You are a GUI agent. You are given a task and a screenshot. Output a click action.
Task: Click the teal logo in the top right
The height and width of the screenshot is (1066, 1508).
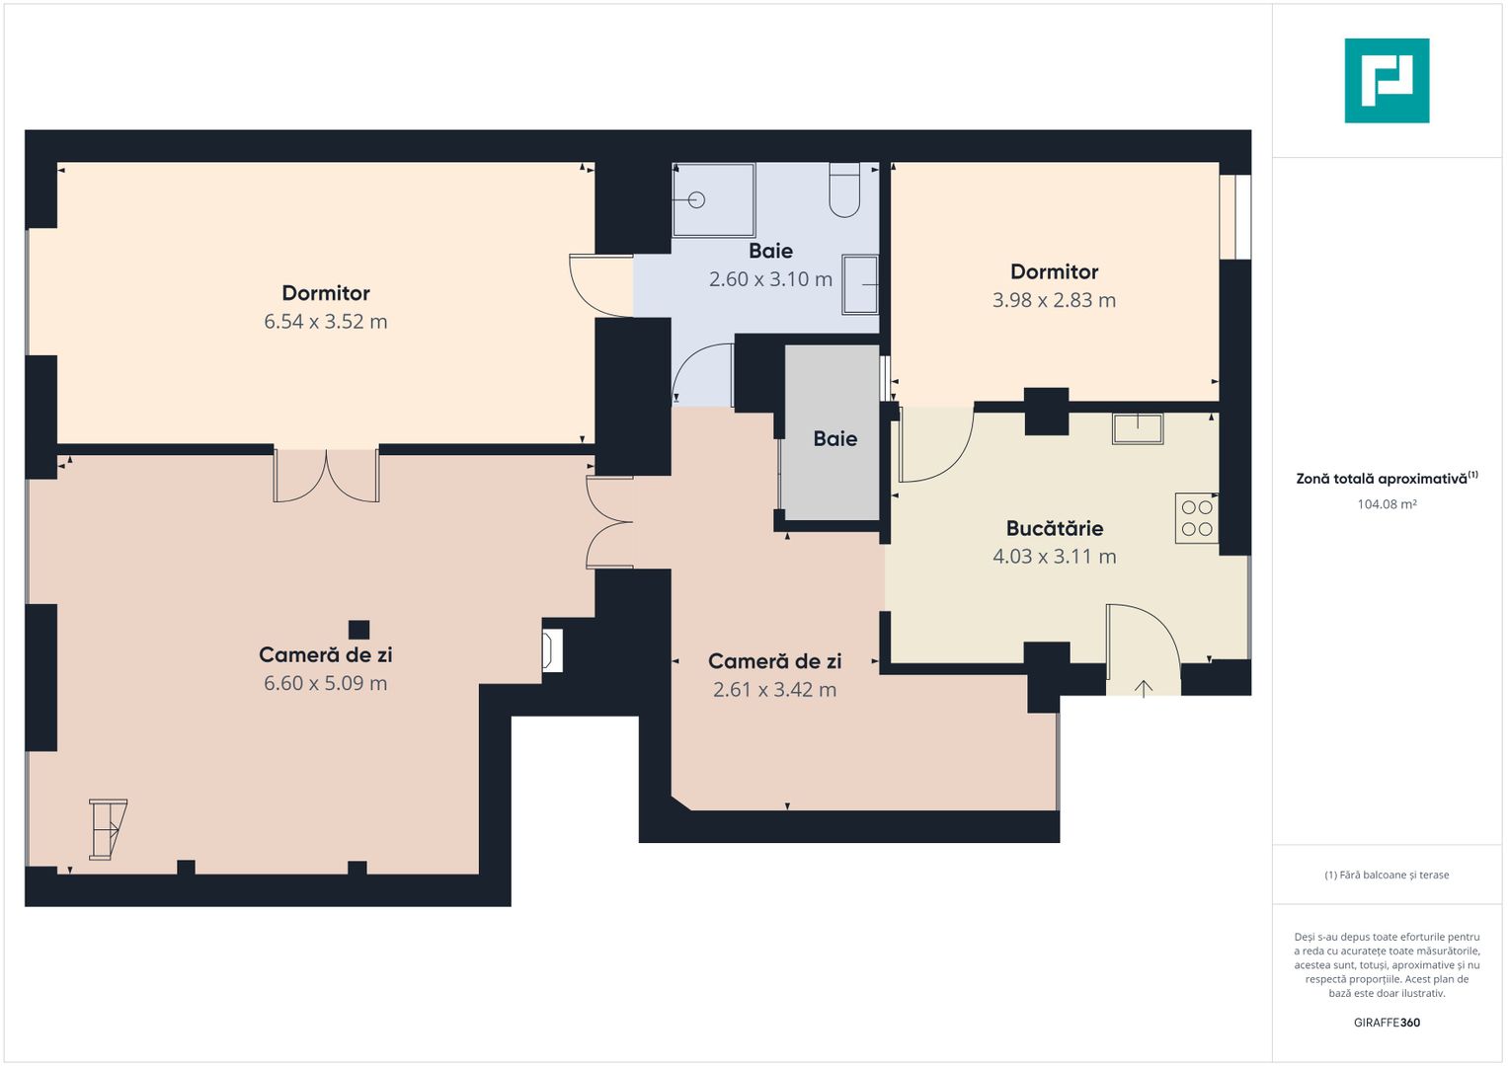pyautogui.click(x=1387, y=81)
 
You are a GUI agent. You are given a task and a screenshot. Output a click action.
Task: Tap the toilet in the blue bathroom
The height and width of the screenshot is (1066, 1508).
pyautogui.click(x=844, y=190)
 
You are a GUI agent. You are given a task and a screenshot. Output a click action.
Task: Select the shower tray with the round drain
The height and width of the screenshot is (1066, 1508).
pyautogui.click(x=714, y=199)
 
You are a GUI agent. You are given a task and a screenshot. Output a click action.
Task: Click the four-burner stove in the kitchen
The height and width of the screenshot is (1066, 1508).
pyautogui.click(x=1196, y=518)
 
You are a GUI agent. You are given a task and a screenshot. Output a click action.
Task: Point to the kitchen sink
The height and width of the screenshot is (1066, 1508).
pyautogui.click(x=1138, y=428)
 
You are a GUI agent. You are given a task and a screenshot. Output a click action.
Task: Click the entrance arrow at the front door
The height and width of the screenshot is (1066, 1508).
pyautogui.click(x=1144, y=689)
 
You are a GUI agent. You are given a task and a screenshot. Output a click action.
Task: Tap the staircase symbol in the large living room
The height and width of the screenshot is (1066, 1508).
pyautogui.click(x=108, y=829)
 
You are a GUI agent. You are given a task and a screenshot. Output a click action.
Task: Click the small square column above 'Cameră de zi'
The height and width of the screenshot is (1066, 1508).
pyautogui.click(x=358, y=630)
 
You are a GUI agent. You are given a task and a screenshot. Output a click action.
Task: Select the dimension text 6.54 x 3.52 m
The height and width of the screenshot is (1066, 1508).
pyautogui.click(x=326, y=322)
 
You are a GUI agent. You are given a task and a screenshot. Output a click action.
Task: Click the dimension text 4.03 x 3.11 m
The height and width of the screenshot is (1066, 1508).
pyautogui.click(x=1055, y=557)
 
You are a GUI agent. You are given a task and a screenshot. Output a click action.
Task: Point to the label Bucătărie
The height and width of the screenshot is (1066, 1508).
pyautogui.click(x=1055, y=528)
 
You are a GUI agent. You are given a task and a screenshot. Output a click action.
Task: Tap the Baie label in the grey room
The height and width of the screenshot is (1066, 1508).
pyautogui.click(x=834, y=439)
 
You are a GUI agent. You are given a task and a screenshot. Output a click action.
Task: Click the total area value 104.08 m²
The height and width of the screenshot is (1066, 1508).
pyautogui.click(x=1387, y=504)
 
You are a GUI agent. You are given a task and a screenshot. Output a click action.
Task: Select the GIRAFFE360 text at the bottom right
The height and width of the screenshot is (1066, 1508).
pyautogui.click(x=1387, y=1023)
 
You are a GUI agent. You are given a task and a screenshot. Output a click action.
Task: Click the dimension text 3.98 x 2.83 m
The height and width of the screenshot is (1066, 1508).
pyautogui.click(x=1055, y=300)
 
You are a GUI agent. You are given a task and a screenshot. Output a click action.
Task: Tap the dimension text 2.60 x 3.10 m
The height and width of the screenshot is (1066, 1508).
pyautogui.click(x=771, y=279)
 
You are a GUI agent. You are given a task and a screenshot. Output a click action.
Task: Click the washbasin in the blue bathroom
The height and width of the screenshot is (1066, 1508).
pyautogui.click(x=860, y=284)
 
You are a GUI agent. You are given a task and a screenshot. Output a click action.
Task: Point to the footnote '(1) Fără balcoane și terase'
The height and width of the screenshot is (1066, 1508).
pyautogui.click(x=1387, y=875)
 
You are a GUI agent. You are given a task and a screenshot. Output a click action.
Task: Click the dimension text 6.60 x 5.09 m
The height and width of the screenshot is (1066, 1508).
pyautogui.click(x=326, y=684)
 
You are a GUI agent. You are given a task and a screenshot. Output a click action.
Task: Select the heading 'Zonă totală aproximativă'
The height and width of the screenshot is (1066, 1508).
pyautogui.click(x=1382, y=479)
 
